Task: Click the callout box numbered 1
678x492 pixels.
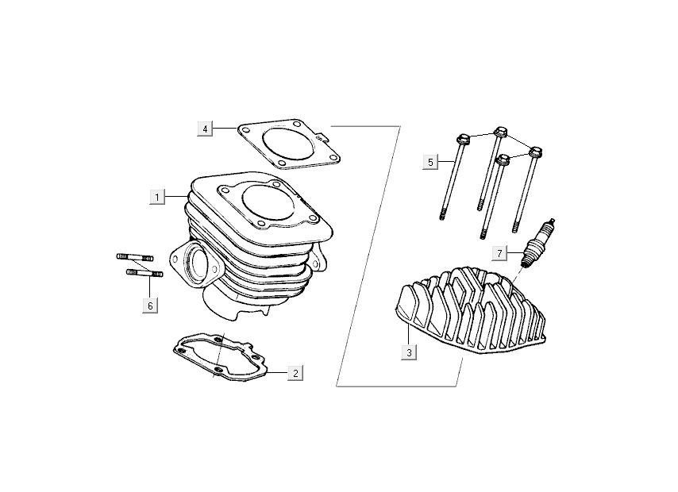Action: tap(157, 197)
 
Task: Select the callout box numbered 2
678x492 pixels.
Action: tap(295, 373)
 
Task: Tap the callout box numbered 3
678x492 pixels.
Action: tap(409, 352)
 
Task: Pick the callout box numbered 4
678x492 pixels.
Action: tap(205, 129)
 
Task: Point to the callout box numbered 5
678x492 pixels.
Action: tap(430, 162)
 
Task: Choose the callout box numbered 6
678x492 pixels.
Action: tap(150, 306)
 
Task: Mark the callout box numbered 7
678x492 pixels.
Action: tap(499, 253)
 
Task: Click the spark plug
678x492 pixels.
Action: tap(537, 244)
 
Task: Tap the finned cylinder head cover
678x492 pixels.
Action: tap(470, 310)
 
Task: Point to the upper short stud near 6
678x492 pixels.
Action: tap(134, 257)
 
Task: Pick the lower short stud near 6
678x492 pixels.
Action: tap(144, 273)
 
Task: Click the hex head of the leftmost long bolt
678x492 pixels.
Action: tap(463, 139)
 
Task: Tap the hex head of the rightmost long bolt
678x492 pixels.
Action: tap(535, 152)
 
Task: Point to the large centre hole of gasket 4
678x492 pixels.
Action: tap(287, 143)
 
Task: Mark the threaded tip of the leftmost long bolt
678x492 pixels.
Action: tap(442, 215)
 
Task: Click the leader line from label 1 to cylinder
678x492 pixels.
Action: tap(176, 197)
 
